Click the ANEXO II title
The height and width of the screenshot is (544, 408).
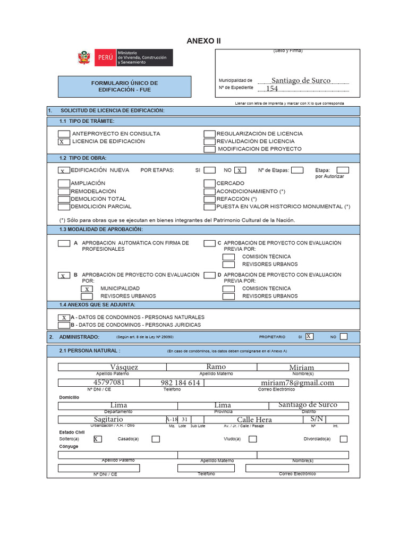pos(203,41)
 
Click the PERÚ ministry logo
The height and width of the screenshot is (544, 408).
pos(125,57)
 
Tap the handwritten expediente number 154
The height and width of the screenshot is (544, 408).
pos(272,89)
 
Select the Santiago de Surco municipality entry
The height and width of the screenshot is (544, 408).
pos(301,80)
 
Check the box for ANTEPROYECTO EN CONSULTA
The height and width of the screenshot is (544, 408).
pos(64,134)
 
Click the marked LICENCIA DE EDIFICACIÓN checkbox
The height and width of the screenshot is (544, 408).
pos(64,142)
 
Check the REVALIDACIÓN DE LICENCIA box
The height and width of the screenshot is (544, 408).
pos(210,142)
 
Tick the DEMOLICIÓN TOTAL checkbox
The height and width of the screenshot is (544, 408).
pos(64,199)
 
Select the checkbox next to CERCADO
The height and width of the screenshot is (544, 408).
pos(210,183)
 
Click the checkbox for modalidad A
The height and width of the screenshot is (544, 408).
pos(64,243)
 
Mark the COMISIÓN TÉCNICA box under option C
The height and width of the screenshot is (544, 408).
pos(228,257)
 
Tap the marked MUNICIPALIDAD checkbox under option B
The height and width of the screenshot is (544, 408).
pos(87,289)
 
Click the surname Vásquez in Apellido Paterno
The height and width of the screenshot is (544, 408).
pos(124,367)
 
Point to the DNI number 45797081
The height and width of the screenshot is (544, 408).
pos(109,382)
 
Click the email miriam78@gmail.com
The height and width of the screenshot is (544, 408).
pos(297,382)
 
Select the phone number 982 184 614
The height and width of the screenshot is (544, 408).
pos(180,382)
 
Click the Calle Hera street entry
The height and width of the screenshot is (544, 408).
pos(254,420)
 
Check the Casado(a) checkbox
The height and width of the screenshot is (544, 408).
pos(156,439)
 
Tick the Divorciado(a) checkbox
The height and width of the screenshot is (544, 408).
pos(344,439)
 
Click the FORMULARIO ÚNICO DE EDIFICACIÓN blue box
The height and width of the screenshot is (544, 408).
pos(124,87)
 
